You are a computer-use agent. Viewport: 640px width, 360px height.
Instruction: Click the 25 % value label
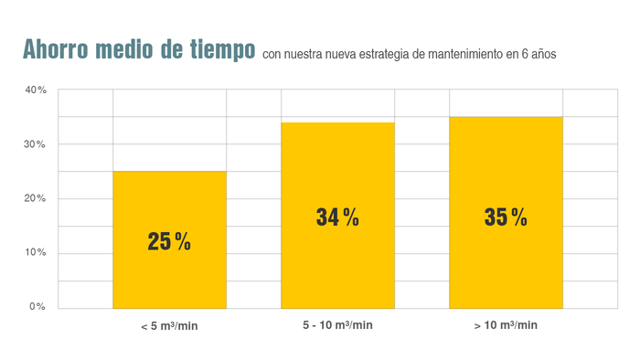pos(169,242)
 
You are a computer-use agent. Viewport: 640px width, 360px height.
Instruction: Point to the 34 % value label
pos(337,217)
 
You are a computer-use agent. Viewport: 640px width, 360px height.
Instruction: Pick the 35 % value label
pos(506,217)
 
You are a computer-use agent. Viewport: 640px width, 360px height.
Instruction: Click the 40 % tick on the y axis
pos(36,90)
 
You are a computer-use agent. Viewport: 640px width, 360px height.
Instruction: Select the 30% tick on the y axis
pos(36,144)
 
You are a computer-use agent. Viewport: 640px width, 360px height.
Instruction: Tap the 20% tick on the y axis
pos(36,198)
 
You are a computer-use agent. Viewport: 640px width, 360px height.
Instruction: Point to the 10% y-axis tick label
pos(36,252)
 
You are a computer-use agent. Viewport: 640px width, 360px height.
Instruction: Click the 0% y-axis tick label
pos(37,306)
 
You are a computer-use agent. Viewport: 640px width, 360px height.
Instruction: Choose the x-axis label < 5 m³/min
pos(169,326)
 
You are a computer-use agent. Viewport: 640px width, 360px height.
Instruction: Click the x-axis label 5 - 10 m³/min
pos(337,325)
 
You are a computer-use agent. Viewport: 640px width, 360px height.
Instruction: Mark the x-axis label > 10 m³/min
pos(506,325)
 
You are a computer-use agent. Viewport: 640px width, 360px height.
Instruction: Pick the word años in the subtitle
pos(540,55)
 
